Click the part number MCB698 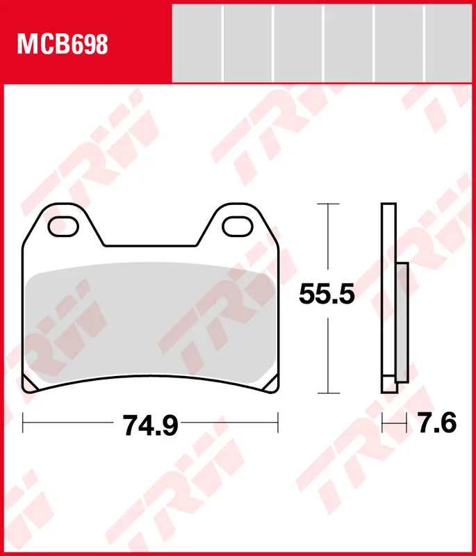(63, 44)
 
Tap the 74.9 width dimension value (150, 425)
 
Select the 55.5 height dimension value (327, 294)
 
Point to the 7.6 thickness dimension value (437, 423)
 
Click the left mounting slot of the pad (63, 227)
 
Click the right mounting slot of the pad (238, 227)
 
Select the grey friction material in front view (151, 322)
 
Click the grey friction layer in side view (402, 322)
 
